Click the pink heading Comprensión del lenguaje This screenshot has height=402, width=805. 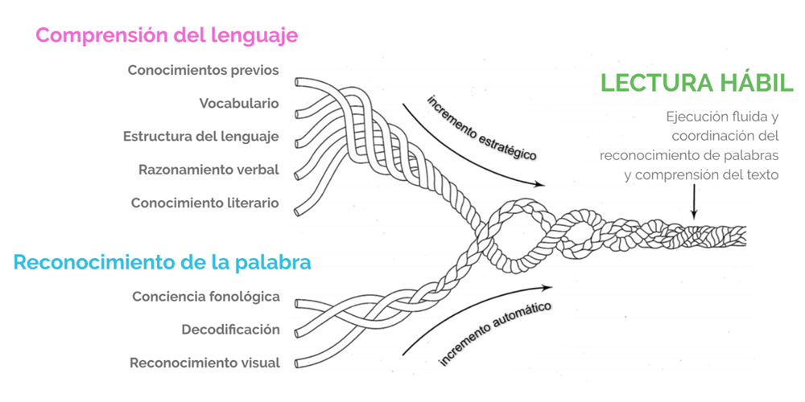(x=167, y=36)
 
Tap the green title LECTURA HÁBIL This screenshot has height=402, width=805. (x=697, y=83)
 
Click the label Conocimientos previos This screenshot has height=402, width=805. (x=203, y=70)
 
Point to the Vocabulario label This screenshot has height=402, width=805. (x=239, y=103)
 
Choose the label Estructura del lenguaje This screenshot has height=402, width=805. (x=200, y=136)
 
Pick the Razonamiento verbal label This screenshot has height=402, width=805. (x=208, y=170)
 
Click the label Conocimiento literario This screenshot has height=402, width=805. (x=204, y=203)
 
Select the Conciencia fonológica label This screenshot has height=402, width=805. (x=206, y=296)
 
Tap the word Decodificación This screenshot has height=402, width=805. (x=230, y=329)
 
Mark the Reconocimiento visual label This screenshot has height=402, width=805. (x=204, y=363)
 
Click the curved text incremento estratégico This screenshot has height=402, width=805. (x=481, y=128)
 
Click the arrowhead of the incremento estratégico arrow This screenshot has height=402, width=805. (x=540, y=184)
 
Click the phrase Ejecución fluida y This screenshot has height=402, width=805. (x=720, y=117)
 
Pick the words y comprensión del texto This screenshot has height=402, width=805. (x=701, y=173)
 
